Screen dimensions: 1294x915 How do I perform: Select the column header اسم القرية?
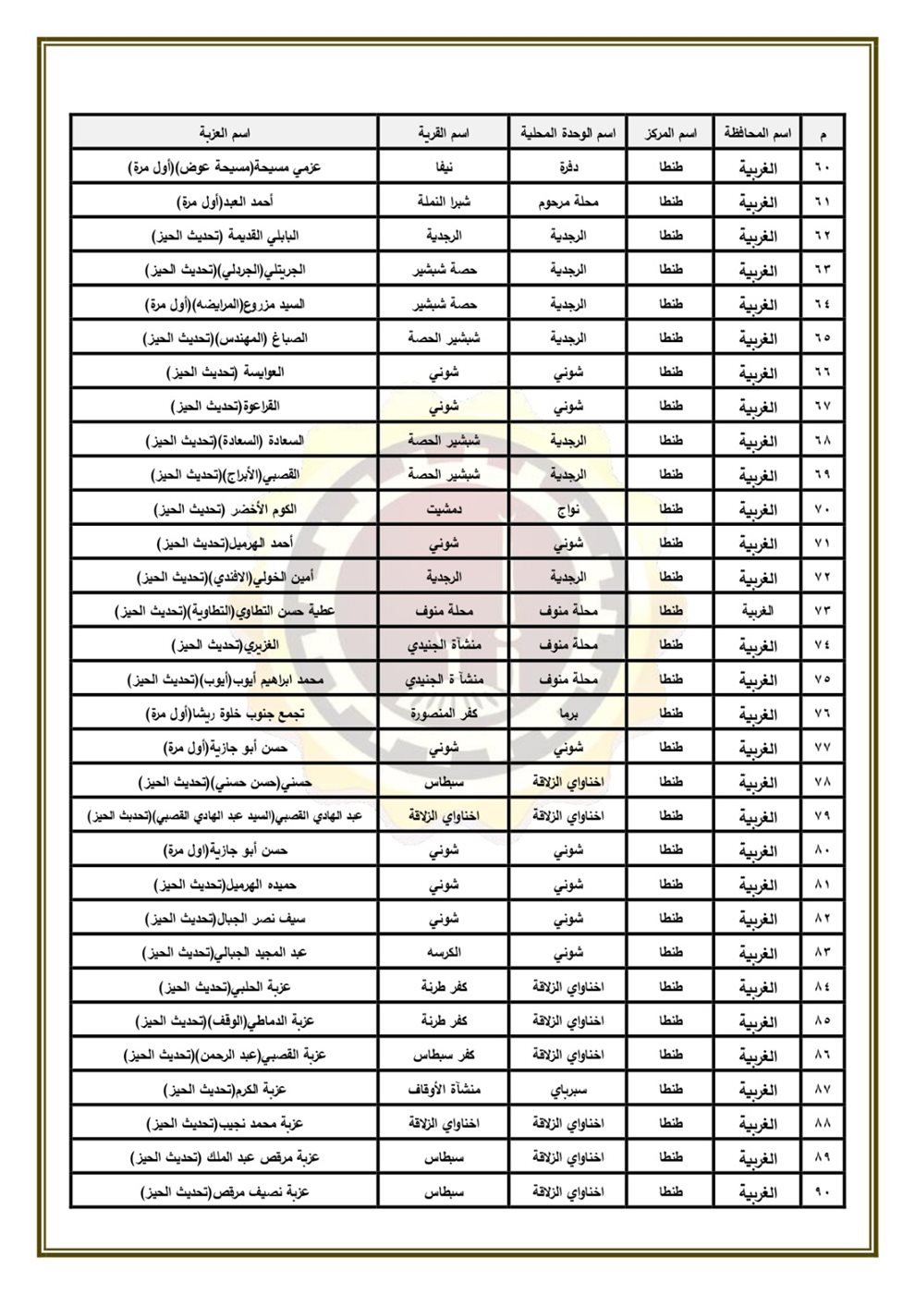click(x=444, y=133)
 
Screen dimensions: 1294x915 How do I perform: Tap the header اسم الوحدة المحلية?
click(x=567, y=133)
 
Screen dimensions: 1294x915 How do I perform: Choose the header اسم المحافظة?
click(x=757, y=133)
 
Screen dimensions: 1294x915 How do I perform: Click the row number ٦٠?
click(x=823, y=167)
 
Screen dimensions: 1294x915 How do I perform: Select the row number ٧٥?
click(x=823, y=679)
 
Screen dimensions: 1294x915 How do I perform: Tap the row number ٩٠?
click(x=823, y=1192)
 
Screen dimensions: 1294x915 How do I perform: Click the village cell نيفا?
click(x=444, y=167)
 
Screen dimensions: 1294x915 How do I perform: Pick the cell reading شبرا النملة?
click(x=444, y=201)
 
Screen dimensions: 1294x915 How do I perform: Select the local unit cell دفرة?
click(x=567, y=167)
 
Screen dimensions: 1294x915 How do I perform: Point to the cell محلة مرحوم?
click(x=567, y=201)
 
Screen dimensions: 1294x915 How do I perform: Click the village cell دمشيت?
click(x=444, y=509)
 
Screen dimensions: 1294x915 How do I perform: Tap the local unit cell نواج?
click(x=567, y=509)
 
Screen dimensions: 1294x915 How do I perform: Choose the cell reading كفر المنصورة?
click(x=444, y=714)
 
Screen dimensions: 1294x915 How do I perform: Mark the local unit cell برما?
click(x=567, y=714)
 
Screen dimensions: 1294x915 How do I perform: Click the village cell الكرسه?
click(x=444, y=953)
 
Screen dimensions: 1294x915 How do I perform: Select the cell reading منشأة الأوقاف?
click(x=444, y=1090)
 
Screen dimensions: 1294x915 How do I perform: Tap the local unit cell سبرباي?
click(x=567, y=1090)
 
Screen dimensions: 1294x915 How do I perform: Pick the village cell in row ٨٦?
click(x=444, y=1056)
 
